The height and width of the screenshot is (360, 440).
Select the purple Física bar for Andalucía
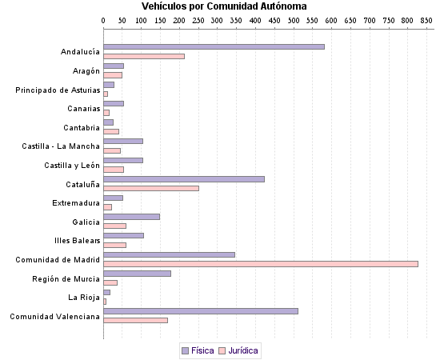(214, 46)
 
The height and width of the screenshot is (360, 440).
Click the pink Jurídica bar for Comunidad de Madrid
(261, 263)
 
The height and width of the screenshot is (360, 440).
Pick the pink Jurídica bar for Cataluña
(151, 188)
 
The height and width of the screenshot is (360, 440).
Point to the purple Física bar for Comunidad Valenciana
(201, 311)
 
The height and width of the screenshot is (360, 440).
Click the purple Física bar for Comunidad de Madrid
(169, 254)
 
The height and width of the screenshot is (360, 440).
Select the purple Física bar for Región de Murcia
(137, 274)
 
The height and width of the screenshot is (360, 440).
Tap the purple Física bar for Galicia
(131, 217)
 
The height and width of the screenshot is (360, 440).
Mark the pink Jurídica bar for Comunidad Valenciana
(135, 321)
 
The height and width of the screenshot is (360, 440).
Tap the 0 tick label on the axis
(103, 19)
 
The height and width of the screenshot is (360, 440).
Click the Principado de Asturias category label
(58, 90)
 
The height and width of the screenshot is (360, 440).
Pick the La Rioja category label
(84, 298)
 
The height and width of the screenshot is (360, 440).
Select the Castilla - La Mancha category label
(61, 146)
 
